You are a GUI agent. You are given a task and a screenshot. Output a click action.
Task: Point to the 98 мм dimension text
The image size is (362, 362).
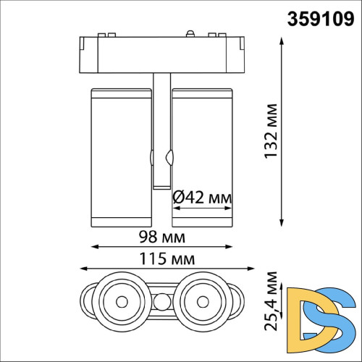tap(161, 237)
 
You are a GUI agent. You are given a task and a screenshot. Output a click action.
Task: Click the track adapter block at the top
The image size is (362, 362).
tap(161, 54)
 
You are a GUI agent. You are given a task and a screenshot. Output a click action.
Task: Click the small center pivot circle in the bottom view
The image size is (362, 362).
tap(161, 299)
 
